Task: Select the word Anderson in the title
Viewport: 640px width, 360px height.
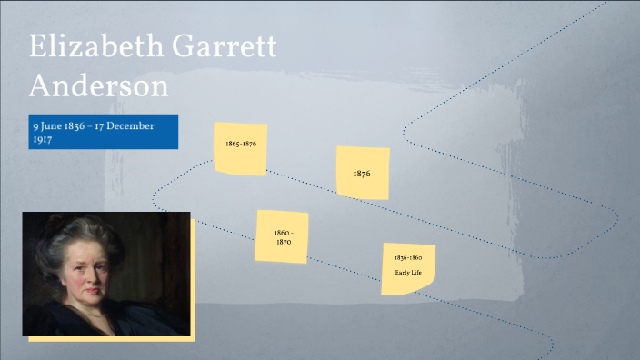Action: click(x=99, y=86)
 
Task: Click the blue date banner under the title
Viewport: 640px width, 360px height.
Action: click(x=103, y=133)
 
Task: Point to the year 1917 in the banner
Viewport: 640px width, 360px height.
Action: click(x=42, y=141)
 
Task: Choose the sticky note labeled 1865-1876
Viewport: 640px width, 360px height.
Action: click(x=241, y=147)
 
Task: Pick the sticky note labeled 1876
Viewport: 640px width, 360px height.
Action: click(x=363, y=172)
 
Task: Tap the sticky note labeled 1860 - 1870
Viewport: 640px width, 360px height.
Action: click(x=283, y=237)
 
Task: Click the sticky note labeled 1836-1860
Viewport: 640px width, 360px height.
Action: click(x=408, y=268)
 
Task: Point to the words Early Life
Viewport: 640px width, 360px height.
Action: click(x=408, y=273)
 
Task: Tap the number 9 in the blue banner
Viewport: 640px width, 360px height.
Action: click(x=35, y=125)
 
